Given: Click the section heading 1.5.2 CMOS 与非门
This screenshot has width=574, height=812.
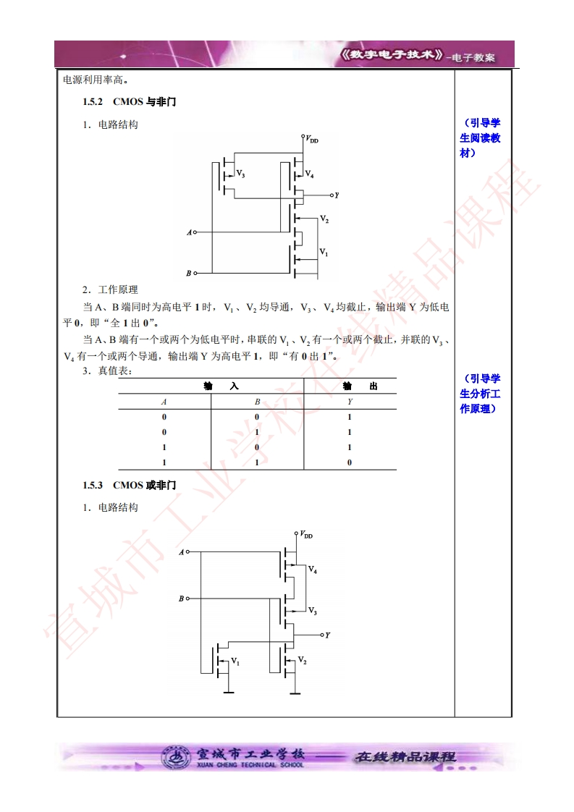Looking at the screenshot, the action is (129, 102).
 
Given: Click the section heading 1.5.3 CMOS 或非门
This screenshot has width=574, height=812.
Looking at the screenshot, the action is (129, 485).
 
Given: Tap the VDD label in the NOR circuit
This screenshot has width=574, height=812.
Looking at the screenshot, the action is (306, 536).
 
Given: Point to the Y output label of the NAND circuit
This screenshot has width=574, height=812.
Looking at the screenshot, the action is (337, 195).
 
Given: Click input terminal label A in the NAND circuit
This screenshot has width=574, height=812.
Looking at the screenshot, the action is (189, 232).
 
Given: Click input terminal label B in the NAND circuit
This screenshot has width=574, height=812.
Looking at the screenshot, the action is (189, 274).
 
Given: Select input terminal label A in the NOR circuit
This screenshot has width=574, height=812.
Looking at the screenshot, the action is (182, 552).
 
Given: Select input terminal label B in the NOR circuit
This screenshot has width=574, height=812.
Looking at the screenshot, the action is (182, 599).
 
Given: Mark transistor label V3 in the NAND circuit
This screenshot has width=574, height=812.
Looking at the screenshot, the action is (240, 175).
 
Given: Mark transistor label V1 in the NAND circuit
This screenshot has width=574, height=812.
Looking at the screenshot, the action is (324, 253).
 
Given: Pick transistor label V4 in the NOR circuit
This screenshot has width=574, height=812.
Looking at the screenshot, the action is (313, 570).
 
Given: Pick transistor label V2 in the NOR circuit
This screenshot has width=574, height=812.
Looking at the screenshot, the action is (303, 661).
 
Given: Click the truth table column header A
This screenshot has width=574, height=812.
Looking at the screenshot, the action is (164, 401).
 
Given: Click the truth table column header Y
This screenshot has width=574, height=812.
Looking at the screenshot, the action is (350, 401).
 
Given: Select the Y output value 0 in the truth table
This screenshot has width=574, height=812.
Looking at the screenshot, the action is (350, 462).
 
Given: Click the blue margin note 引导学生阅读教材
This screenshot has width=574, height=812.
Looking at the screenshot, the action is (480, 138).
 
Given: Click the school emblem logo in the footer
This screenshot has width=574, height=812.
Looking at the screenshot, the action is (176, 757).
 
